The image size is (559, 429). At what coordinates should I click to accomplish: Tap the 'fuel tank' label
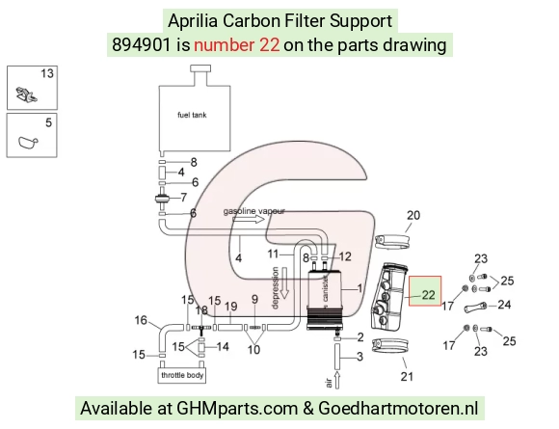click(192, 115)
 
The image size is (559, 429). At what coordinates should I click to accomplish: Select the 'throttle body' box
click(182, 376)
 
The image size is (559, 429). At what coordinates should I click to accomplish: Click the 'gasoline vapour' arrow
click(249, 219)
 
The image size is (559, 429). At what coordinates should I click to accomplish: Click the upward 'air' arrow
click(337, 379)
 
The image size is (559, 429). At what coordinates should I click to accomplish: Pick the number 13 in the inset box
click(47, 73)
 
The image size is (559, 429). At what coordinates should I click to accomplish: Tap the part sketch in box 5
click(27, 143)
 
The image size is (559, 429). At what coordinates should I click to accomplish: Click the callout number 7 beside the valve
click(183, 198)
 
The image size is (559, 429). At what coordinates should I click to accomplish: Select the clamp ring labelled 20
click(392, 242)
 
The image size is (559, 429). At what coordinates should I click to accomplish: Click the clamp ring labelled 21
click(390, 346)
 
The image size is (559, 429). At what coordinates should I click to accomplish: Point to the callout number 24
click(504, 305)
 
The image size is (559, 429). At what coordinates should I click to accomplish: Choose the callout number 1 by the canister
click(359, 288)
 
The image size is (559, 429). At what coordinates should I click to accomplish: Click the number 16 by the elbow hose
click(141, 320)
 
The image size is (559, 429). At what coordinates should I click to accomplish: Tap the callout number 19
click(231, 306)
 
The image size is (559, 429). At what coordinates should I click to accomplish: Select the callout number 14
click(223, 346)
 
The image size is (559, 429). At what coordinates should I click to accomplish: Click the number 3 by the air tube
click(359, 357)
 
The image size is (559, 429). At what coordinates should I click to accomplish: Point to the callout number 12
click(345, 256)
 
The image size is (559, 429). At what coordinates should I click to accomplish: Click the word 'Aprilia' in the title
click(193, 20)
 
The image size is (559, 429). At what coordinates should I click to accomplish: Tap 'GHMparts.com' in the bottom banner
click(237, 408)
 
